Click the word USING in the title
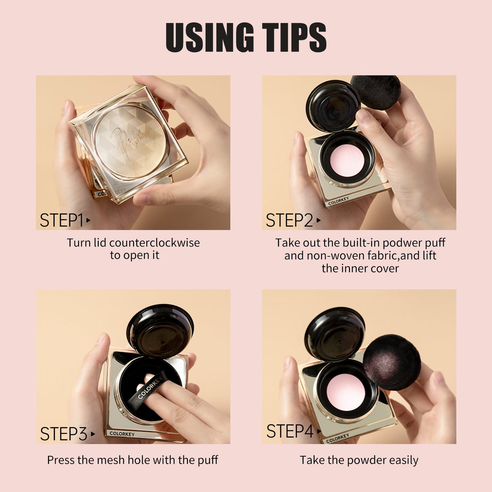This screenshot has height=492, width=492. pos(209,37)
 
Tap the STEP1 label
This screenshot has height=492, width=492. pos(62,220)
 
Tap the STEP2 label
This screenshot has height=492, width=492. pos(289,220)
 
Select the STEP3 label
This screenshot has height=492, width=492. pos(64,434)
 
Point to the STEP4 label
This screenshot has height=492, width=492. pos(290,431)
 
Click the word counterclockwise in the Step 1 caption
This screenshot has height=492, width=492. pos(155,243)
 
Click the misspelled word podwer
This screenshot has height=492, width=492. pos(402,243)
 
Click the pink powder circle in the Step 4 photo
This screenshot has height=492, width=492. pos(344,391)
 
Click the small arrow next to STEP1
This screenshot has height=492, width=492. pos(88,220)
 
